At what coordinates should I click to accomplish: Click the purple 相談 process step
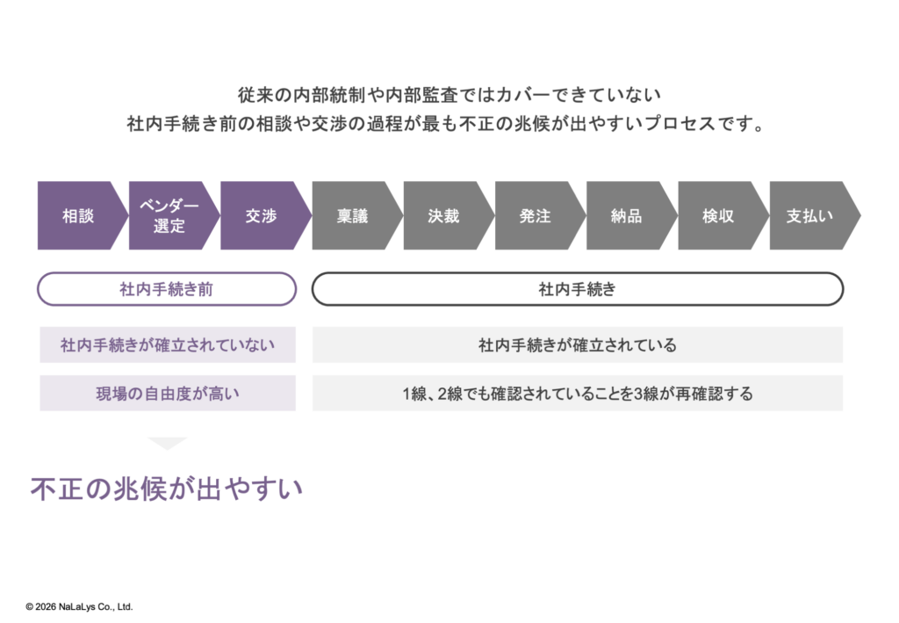point(77,215)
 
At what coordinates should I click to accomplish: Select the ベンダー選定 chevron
point(169,215)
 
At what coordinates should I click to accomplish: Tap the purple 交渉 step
point(261,215)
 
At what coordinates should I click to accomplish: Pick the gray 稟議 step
point(353,215)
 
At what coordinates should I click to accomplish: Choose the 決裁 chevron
point(444,215)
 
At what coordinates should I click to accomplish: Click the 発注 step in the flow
point(536,215)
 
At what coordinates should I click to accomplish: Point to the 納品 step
point(627,215)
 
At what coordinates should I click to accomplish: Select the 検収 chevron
point(718,215)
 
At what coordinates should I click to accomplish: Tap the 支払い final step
point(810,215)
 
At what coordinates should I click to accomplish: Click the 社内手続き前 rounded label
point(167,289)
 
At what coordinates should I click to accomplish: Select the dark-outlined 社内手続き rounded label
point(578,289)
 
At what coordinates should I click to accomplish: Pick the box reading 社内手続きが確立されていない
point(168,345)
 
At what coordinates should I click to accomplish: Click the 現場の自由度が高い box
point(168,394)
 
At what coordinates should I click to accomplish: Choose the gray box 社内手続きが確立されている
point(578,345)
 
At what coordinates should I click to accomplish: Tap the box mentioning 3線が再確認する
point(578,394)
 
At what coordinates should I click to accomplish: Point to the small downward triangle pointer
point(168,443)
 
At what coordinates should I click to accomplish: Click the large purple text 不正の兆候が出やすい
point(167,489)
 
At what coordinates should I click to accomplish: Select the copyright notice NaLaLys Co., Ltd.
point(79,606)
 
